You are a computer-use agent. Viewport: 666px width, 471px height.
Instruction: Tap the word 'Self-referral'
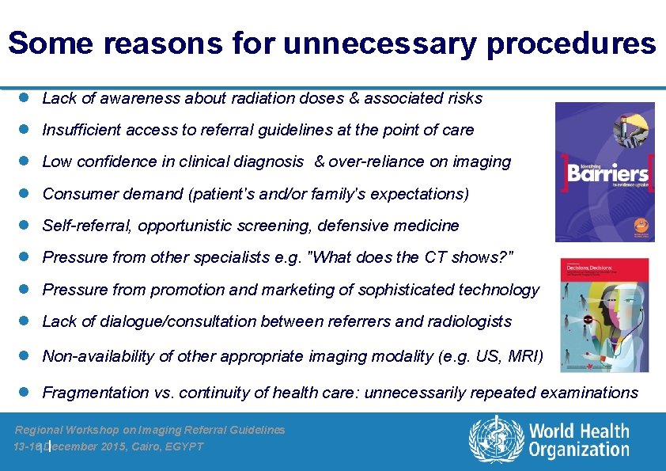(87, 226)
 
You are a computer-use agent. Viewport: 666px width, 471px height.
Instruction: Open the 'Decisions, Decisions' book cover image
(604, 314)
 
